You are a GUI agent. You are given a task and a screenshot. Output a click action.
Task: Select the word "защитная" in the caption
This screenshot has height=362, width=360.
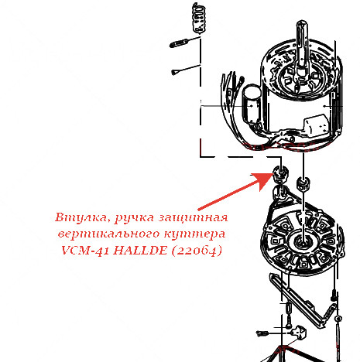click(x=193, y=218)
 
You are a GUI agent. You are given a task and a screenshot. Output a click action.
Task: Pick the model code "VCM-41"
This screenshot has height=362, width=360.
click(x=85, y=250)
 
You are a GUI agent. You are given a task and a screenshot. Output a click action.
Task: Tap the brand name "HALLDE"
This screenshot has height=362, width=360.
click(x=140, y=250)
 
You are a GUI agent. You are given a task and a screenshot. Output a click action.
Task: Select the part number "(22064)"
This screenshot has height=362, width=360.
click(x=197, y=250)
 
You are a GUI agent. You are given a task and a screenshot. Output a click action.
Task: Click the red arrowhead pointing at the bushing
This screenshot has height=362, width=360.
click(x=262, y=180)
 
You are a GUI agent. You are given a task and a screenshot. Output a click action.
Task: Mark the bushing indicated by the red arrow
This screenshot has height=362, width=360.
click(x=280, y=174)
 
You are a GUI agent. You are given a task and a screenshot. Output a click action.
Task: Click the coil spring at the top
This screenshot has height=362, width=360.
click(x=199, y=18)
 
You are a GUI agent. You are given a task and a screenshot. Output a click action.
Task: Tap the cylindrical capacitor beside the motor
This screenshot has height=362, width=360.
click(x=250, y=104)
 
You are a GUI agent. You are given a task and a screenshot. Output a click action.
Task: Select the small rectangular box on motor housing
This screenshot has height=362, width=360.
click(x=317, y=125)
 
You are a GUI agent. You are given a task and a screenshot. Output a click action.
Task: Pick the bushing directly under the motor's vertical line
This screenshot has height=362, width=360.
click(x=303, y=183)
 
